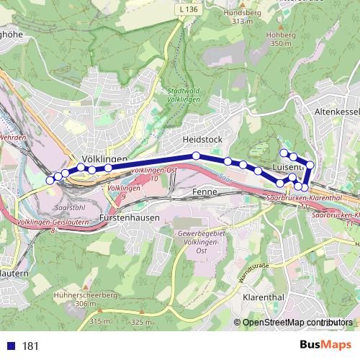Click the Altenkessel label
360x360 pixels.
pyautogui.click(x=336, y=113)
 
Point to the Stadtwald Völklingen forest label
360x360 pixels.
pyautogui.click(x=181, y=96)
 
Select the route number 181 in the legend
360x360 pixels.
pyautogui.click(x=30, y=346)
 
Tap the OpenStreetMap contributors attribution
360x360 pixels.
pyautogui.click(x=297, y=323)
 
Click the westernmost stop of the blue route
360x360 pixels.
pyautogui.click(x=50, y=179)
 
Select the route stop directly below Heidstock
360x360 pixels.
pyautogui.click(x=196, y=156)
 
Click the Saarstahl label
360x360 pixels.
pyautogui.click(x=69, y=206)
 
